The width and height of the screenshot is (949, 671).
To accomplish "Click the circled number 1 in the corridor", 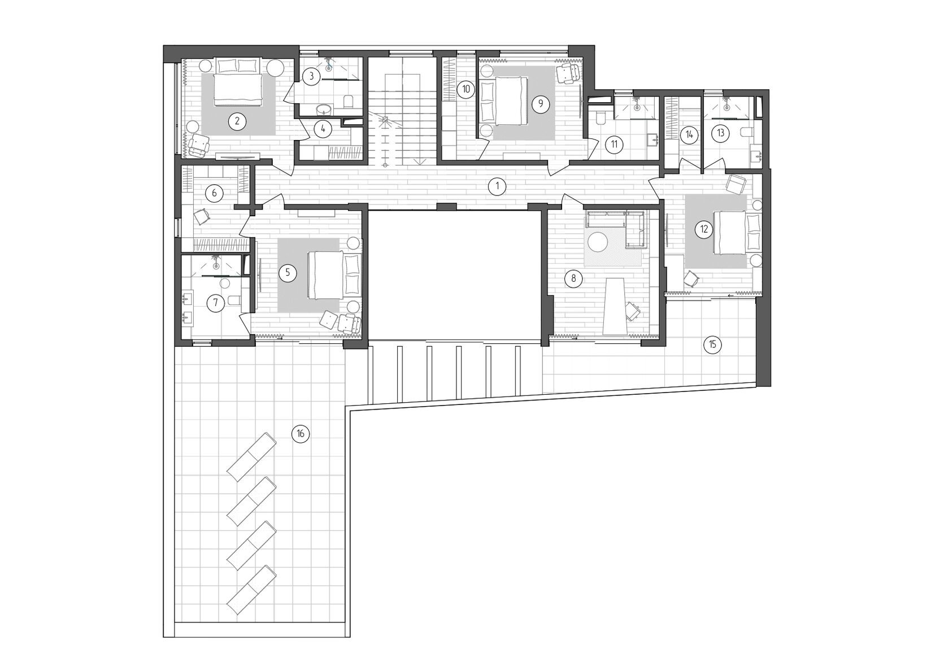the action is click(497, 186).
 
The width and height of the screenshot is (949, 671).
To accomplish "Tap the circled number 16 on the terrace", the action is click(301, 434).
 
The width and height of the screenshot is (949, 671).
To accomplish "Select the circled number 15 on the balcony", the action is click(712, 345).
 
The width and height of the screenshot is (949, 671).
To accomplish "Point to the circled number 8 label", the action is click(574, 278).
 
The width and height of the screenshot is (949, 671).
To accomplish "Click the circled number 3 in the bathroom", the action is click(311, 76).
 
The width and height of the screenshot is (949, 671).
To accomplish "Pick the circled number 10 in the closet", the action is click(466, 89).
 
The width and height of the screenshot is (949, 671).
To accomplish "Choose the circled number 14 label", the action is click(689, 135).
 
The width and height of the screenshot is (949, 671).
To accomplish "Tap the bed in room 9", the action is click(503, 101).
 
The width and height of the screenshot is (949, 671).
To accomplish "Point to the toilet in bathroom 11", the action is click(601, 118).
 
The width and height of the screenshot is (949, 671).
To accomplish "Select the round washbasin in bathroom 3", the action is click(325, 110).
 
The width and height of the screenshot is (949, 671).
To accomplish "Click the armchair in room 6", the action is click(202, 216).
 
